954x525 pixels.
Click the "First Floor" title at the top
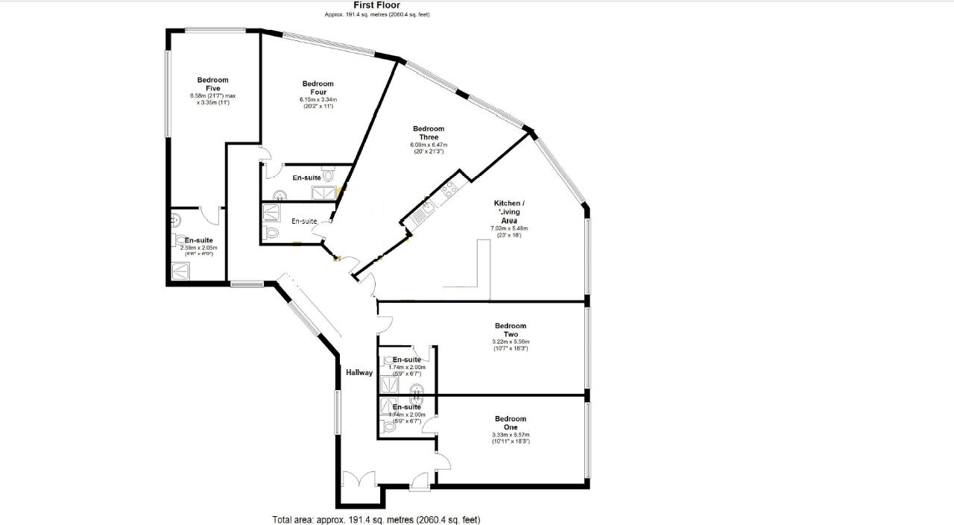coord(376,5)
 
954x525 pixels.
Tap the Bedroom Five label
coord(212,84)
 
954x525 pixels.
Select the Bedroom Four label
coord(318,88)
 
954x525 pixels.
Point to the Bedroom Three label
coord(429,133)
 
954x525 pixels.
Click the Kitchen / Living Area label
coord(509,212)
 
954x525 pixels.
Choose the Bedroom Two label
coord(511,330)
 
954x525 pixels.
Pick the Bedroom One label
coord(511,423)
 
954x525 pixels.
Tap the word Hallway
coord(358,373)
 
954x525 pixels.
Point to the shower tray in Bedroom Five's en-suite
coord(181,270)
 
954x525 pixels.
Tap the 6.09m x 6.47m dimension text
coord(429,145)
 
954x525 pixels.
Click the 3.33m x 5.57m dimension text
coord(511,436)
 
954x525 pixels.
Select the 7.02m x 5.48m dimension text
coord(509,228)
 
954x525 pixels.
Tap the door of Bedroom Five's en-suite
coord(214,216)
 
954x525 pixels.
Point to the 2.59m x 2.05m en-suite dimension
coord(198,248)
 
